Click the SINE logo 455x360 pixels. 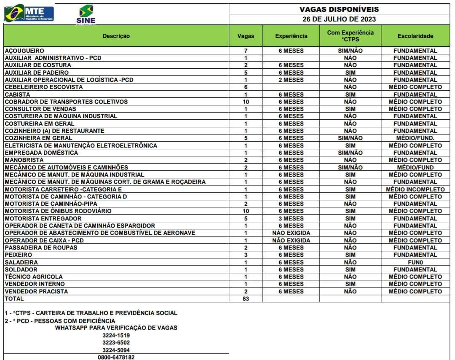(86, 15)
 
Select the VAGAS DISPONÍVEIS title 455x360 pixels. (339, 9)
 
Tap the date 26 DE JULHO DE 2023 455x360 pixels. (339, 19)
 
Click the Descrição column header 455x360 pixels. (116, 36)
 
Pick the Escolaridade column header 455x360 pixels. (415, 36)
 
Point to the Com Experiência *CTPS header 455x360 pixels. (350, 36)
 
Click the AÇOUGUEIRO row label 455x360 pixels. (24, 51)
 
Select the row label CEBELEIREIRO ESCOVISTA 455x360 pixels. (44, 87)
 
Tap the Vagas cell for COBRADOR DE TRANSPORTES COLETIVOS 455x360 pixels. (246, 102)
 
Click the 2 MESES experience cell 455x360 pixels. (291, 80)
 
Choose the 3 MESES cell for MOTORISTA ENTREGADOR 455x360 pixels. (291, 218)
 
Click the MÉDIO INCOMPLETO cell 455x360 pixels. (415, 189)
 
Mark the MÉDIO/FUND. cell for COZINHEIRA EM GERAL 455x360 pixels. (415, 138)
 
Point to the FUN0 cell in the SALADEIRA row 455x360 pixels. (415, 262)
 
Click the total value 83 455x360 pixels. (246, 299)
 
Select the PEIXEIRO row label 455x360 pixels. (19, 255)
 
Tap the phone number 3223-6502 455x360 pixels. (116, 343)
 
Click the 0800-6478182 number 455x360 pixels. (116, 357)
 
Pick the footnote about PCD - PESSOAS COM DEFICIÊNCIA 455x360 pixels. (60, 321)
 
